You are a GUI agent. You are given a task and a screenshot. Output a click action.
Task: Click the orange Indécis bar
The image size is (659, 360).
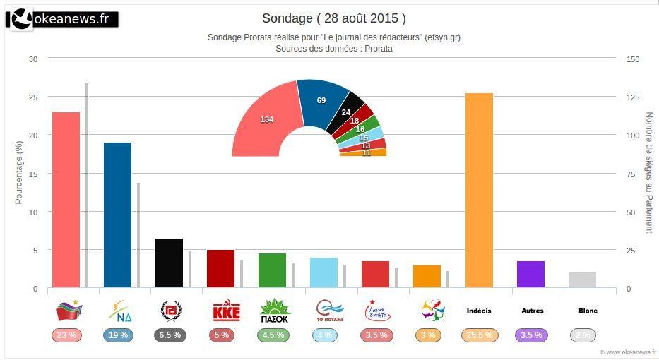(x=479, y=191)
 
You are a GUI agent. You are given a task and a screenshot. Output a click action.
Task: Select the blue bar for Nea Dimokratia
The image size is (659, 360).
(x=117, y=215)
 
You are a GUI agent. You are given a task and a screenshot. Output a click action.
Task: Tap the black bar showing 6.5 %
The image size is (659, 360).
(x=169, y=263)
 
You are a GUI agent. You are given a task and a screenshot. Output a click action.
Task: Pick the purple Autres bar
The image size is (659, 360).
(x=530, y=275)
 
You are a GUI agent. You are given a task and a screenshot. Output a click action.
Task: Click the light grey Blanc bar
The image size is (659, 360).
(x=582, y=280)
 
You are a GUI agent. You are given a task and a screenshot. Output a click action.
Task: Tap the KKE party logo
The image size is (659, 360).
(x=226, y=311)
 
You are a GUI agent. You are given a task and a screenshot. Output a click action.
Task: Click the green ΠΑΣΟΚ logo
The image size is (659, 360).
(x=275, y=311)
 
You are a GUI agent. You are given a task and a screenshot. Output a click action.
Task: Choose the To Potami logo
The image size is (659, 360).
(x=329, y=311)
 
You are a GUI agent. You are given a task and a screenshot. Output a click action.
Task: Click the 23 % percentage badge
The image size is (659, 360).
(x=66, y=335)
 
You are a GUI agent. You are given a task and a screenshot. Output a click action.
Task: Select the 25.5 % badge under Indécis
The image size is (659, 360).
(x=479, y=335)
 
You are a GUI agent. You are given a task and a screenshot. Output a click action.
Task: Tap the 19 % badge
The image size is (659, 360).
(x=117, y=335)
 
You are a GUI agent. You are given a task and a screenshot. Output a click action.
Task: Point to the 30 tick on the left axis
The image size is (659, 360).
(x=32, y=59)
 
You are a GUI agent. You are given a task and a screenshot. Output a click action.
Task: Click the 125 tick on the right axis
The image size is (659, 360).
(x=633, y=97)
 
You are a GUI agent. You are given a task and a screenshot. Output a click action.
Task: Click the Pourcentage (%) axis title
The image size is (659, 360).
(x=19, y=172)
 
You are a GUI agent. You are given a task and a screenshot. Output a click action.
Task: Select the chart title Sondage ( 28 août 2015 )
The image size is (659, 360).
(x=333, y=18)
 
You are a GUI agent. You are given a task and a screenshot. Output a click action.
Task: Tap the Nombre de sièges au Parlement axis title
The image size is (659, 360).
(x=649, y=172)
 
